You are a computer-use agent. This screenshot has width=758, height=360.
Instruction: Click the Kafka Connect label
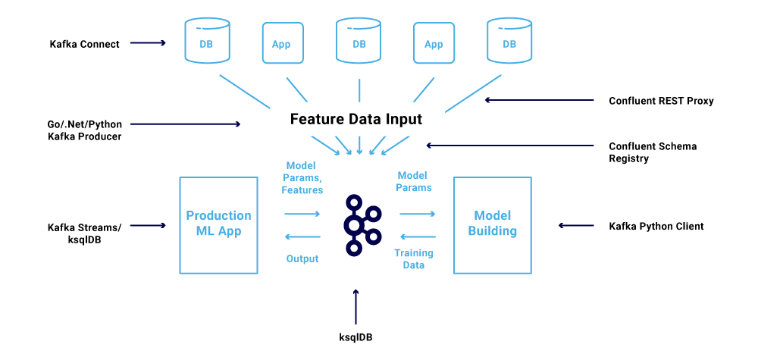coord(85,44)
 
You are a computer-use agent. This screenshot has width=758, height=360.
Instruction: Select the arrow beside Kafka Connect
coord(148,43)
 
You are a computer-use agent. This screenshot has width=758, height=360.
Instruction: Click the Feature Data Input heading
coord(356,119)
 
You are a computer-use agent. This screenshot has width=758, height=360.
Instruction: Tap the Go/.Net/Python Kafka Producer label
coord(85,130)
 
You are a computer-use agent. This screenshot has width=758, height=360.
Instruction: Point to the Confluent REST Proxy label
coord(661,101)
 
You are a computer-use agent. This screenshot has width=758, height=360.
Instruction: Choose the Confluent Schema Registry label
coord(653,152)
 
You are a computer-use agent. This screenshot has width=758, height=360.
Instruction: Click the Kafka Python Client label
coord(656,226)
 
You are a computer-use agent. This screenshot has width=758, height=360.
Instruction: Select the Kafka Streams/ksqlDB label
coord(85,233)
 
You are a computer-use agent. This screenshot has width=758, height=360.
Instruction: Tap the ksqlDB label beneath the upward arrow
coord(356,337)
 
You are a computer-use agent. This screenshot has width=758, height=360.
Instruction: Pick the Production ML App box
coord(218,225)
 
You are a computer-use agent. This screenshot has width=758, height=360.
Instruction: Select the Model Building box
coord(492,225)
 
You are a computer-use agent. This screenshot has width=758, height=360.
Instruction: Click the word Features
coord(302,190)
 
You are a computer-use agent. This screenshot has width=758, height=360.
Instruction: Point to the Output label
coord(302,258)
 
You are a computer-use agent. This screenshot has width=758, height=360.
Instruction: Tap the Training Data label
coord(414,258)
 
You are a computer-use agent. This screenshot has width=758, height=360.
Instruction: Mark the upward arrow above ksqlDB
coord(356,307)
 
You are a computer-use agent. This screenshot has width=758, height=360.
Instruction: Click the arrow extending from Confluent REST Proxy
coord(539,100)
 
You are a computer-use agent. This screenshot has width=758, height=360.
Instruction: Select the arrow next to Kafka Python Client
coord(576,224)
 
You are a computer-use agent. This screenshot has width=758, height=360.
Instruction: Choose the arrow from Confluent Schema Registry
coord(509,145)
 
